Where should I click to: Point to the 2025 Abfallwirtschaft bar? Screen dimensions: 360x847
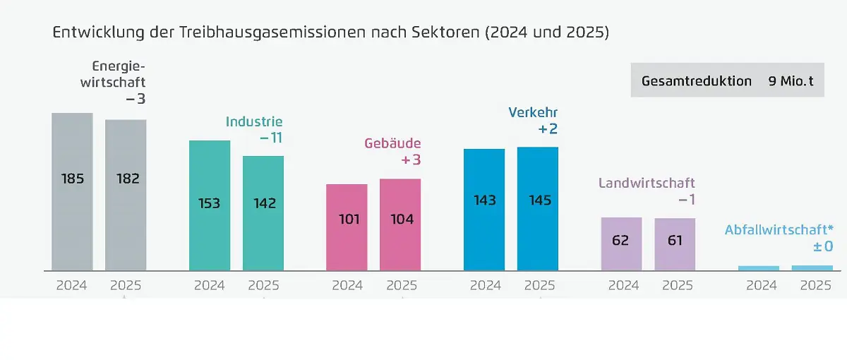[x=812, y=268]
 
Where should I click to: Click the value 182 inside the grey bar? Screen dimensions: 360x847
[x=126, y=179]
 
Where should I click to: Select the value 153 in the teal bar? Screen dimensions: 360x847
[x=210, y=203]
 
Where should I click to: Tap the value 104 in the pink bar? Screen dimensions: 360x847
[x=401, y=219]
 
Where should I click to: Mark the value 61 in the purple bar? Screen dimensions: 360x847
[x=675, y=240]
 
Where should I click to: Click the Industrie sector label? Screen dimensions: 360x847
[x=254, y=121]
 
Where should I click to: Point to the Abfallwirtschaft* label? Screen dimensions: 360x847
[x=779, y=229]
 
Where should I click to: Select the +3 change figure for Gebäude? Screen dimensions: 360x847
[x=411, y=160]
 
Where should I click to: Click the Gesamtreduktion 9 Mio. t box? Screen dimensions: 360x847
[x=727, y=80]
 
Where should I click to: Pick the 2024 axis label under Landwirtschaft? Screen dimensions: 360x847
[x=624, y=286]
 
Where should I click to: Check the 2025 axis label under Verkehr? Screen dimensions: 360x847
[x=539, y=286]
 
